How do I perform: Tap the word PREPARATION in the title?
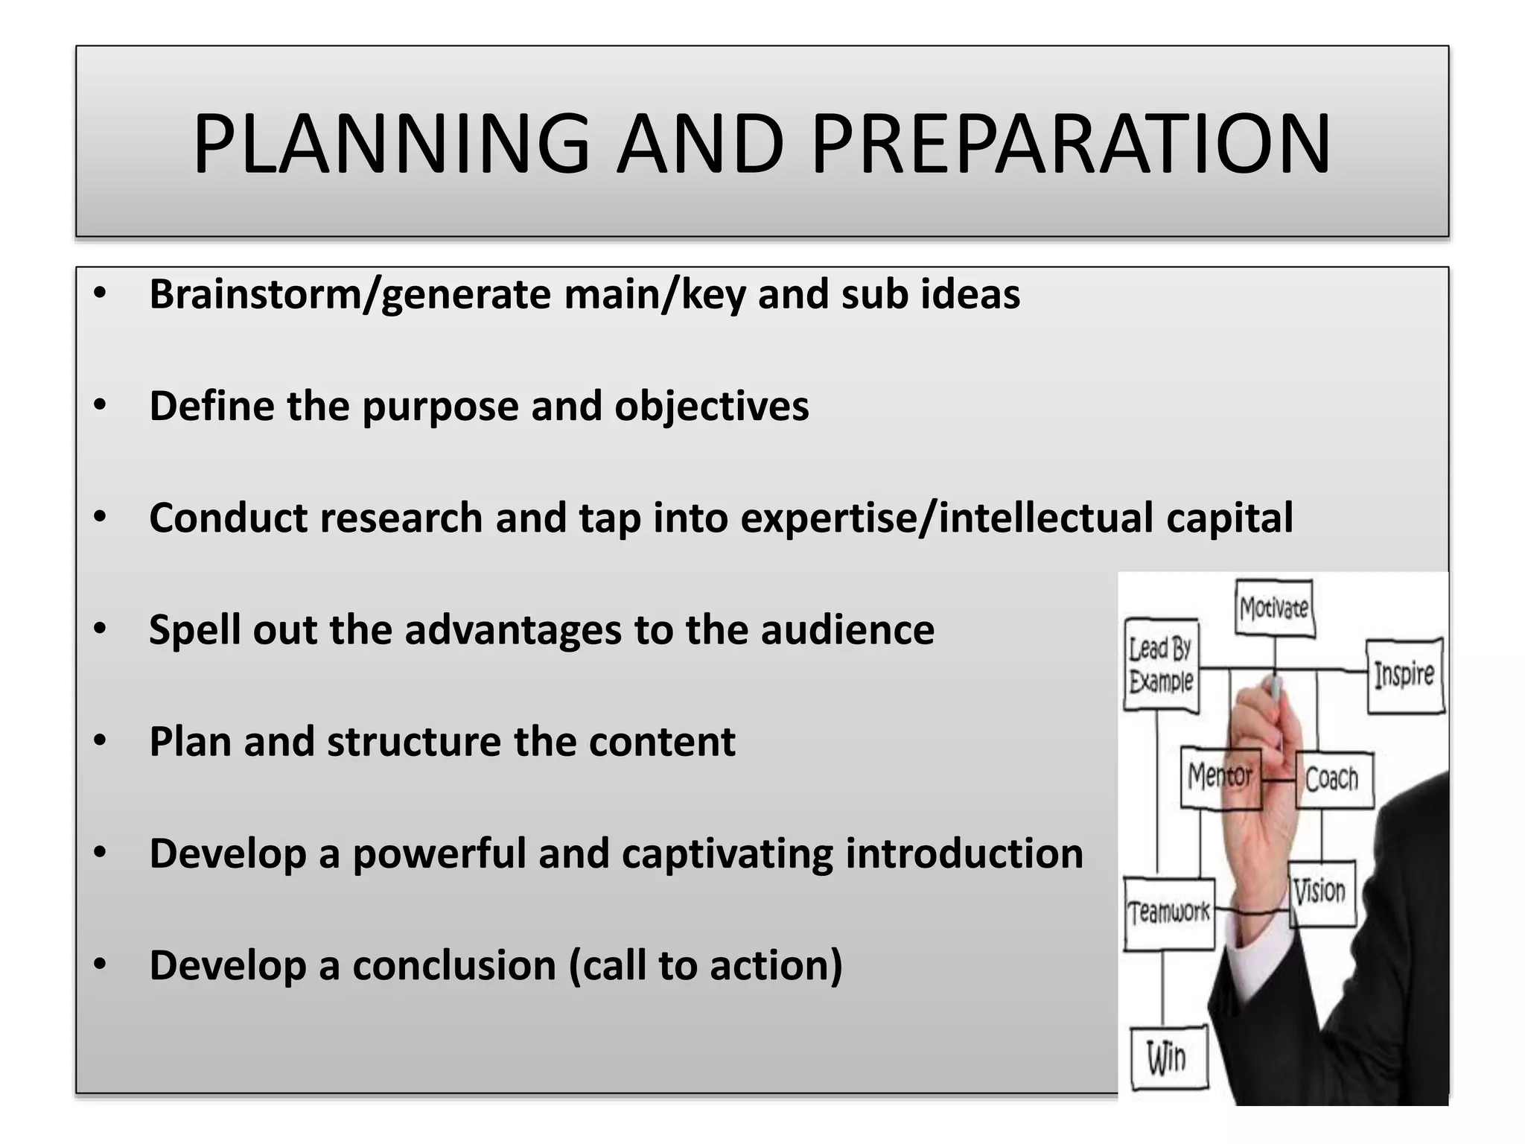1070,144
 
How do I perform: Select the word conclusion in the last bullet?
454,965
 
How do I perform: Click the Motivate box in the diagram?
1274,608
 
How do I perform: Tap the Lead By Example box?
1161,664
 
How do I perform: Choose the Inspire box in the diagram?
1404,675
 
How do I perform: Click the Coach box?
1332,779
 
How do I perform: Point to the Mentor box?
1220,777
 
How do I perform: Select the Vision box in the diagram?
1320,892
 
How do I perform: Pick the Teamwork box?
1168,913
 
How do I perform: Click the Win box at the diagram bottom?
1167,1058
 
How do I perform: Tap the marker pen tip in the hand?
1276,687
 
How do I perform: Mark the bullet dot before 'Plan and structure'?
101,742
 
